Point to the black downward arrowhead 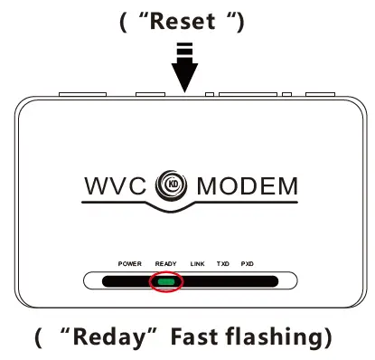184,80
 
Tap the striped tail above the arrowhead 184,54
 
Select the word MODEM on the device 246,187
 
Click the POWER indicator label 130,263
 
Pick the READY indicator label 165,263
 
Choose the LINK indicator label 198,263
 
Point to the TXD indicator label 223,263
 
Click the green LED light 165,281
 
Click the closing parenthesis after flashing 329,339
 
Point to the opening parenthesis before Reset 124,21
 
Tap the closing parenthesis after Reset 239,21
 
